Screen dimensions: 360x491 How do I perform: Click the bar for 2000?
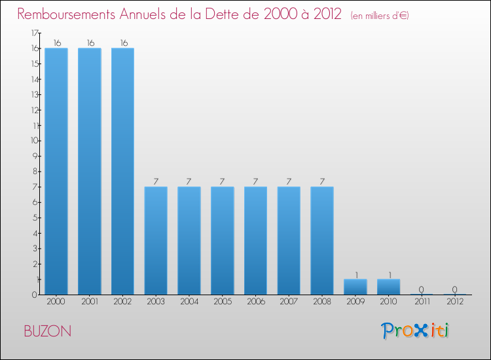pyautogui.click(x=56, y=171)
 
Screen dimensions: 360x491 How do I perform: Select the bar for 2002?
pyautogui.click(x=122, y=171)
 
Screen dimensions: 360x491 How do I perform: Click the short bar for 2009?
pyautogui.click(x=355, y=287)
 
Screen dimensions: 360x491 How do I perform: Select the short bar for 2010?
pyautogui.click(x=388, y=287)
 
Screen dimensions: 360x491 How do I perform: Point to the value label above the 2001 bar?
pyautogui.click(x=90, y=43)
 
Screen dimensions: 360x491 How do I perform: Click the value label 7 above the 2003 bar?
pyautogui.click(x=156, y=181)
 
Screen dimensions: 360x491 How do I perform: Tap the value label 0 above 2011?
pyautogui.click(x=422, y=289)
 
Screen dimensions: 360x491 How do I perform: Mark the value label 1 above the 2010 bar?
pyautogui.click(x=388, y=274)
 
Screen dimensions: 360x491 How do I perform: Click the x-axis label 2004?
pyautogui.click(x=189, y=301)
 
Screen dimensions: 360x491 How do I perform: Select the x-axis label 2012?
pyautogui.click(x=455, y=301)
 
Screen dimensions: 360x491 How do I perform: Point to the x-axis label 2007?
pyautogui.click(x=289, y=301)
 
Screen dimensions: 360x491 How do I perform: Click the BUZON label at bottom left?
pyautogui.click(x=48, y=331)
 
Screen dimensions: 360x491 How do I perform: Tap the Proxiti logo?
pyautogui.click(x=416, y=331)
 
